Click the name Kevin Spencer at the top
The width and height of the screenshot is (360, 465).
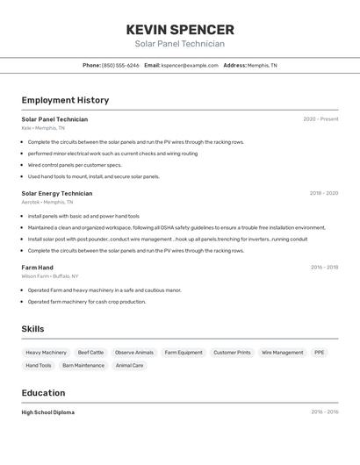180,30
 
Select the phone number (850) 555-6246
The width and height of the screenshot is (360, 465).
120,65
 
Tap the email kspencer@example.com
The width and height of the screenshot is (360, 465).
190,65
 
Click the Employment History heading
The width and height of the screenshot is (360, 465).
65,100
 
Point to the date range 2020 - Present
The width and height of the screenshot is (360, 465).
320,119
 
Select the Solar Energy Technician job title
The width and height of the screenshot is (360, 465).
56,193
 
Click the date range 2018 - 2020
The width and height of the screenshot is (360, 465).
323,193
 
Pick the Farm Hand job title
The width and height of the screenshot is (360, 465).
37,268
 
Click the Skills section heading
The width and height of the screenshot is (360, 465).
33,329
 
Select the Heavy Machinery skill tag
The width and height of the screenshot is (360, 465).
46,353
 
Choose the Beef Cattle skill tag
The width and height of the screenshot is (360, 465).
90,353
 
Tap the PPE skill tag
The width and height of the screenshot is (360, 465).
320,353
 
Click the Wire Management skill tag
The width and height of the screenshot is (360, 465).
282,353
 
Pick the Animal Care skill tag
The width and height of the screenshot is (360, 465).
130,365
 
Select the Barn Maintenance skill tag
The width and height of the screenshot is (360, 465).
83,365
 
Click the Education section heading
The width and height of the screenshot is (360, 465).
43,393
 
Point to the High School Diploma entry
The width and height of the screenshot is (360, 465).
48,412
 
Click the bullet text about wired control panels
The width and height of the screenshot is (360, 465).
74,165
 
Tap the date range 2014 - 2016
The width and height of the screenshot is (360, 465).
324,412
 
